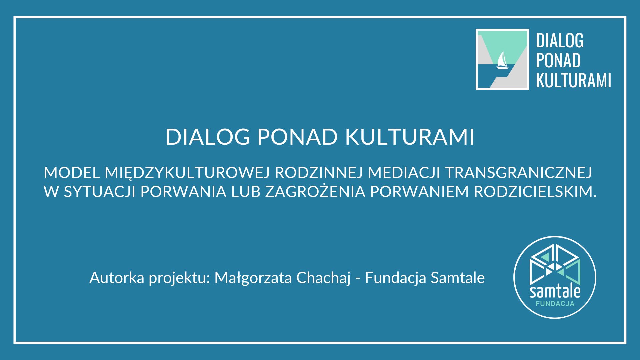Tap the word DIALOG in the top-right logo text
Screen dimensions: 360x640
point(560,41)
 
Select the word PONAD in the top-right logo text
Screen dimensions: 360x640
point(558,60)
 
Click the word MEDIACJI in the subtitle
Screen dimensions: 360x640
point(404,173)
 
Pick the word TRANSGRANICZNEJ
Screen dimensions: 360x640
point(518,173)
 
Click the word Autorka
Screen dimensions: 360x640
point(117,278)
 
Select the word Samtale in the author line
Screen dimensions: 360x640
point(457,278)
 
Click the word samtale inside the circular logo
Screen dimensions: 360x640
point(555,292)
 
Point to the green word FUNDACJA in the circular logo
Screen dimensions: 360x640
point(555,304)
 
